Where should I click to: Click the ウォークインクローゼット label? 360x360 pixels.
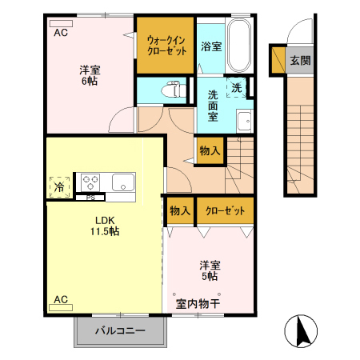pos(166,43)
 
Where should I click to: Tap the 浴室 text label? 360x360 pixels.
pos(211,46)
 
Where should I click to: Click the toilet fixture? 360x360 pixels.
pos(170,90)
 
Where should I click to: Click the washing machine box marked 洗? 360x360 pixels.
pos(238,87)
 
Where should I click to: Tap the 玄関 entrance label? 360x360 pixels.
pos(299,60)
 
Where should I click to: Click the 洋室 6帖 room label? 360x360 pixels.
pos(89,75)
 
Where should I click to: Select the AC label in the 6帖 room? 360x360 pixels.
pos(61,33)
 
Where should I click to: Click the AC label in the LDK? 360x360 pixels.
pos(61,300)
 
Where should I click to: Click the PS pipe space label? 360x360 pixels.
pos(90,197)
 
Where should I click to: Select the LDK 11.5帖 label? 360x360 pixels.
pos(104,225)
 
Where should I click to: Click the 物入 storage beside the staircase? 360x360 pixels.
pos(209,150)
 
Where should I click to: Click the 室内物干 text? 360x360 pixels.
pos(198,304)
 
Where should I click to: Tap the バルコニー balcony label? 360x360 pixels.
pos(120,330)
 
